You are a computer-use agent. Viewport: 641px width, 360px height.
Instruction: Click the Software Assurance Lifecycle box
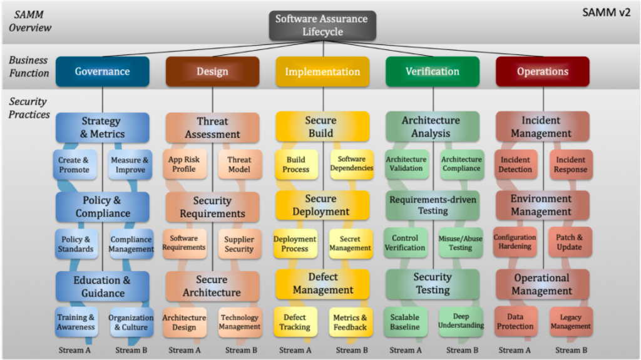point(322,25)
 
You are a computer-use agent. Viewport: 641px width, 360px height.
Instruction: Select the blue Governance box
point(103,71)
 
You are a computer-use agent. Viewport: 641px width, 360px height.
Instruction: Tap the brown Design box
point(212,71)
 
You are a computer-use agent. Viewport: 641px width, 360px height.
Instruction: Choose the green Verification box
point(433,71)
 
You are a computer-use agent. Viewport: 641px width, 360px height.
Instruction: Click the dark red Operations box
point(543,71)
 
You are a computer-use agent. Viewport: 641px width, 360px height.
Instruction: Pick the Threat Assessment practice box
point(212,127)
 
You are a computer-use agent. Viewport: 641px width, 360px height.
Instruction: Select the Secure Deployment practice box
point(322,205)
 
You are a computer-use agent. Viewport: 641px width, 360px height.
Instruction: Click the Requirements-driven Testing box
point(433,205)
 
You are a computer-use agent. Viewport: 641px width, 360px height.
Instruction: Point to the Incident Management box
point(543,127)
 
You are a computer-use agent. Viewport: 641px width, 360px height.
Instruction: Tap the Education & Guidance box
point(103,286)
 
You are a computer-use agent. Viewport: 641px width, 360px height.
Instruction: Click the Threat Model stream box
point(240,165)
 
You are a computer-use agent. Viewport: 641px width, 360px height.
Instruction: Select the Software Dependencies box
point(351,164)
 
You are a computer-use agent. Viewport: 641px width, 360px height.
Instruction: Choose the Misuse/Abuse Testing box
point(460,243)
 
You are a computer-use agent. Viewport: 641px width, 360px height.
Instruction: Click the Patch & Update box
point(570,242)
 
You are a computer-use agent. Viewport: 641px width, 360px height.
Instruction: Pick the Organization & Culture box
point(131,322)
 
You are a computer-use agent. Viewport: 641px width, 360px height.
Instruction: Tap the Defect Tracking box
point(295,322)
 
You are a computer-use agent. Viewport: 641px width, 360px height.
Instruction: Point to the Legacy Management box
point(570,322)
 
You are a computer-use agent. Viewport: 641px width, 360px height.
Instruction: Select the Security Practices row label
point(29,108)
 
